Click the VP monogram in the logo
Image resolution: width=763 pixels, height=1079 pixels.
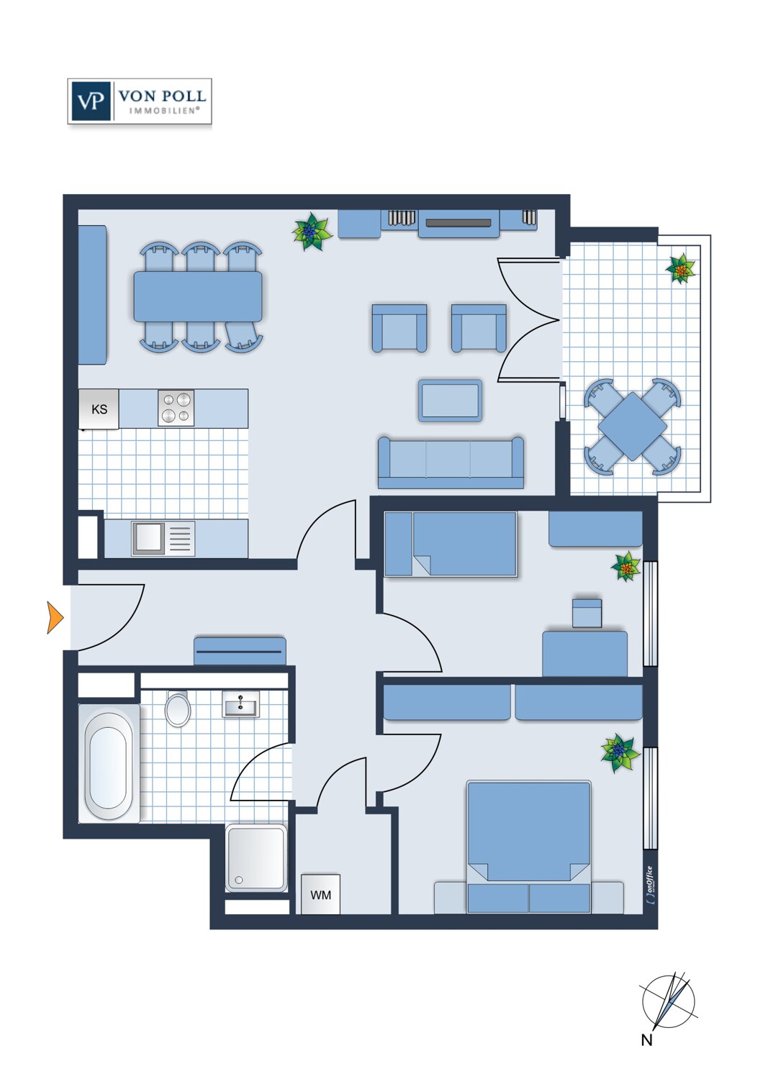[x=91, y=101]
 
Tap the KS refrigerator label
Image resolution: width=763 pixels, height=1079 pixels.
[x=99, y=409]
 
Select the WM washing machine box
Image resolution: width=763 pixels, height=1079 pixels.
[x=320, y=895]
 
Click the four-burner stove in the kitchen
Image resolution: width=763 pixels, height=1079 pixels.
[x=176, y=408]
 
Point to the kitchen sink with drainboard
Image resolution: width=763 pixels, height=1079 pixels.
[x=163, y=538]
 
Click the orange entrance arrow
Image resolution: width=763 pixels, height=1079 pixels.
[x=55, y=617]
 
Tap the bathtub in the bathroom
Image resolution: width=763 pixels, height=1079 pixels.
[x=109, y=763]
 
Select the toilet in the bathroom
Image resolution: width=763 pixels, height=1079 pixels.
[x=178, y=709]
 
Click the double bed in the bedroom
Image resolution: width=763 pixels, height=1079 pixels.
[x=529, y=847]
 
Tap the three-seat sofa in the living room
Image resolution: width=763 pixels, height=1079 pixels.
[x=451, y=463]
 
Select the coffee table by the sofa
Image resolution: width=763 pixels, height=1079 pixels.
[x=450, y=401]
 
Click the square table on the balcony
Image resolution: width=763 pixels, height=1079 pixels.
[x=633, y=427]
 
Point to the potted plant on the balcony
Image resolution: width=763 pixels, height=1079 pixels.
[x=680, y=269]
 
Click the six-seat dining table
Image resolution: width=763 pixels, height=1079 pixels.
[x=198, y=296]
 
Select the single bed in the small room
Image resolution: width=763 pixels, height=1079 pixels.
[x=451, y=544]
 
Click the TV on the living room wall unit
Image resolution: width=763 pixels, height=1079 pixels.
[x=459, y=223]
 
